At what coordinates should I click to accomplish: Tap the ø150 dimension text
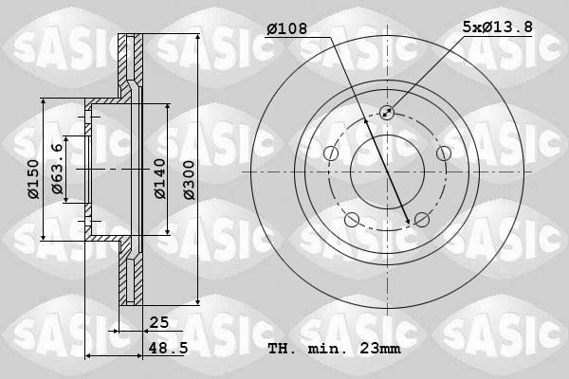(x=33, y=180)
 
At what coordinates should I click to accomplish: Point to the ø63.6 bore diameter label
(x=59, y=171)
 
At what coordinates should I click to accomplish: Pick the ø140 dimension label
(x=160, y=177)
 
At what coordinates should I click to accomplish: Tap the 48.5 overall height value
(x=166, y=349)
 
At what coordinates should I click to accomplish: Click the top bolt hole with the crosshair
(x=387, y=113)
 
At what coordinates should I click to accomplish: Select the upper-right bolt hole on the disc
(x=443, y=153)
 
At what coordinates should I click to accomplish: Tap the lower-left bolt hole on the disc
(x=352, y=220)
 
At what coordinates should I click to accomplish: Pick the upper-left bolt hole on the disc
(x=331, y=153)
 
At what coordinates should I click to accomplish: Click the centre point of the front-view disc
(x=387, y=171)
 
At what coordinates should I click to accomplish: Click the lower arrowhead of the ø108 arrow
(x=409, y=222)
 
